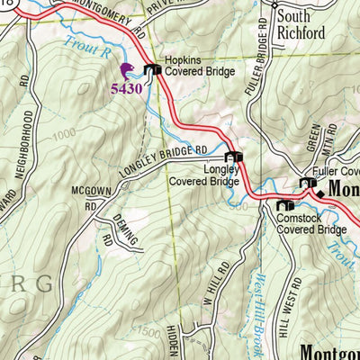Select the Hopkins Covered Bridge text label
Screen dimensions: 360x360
[199, 71]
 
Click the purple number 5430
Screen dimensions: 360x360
[126, 88]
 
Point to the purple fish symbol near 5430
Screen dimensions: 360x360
[126, 70]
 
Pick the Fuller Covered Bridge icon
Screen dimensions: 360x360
[308, 184]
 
